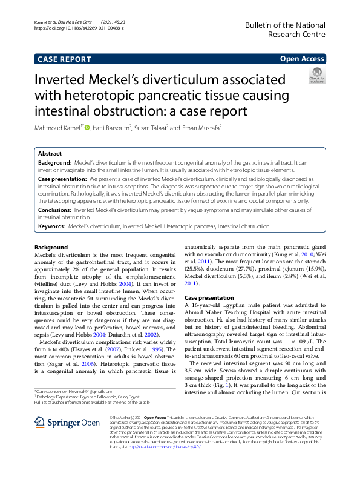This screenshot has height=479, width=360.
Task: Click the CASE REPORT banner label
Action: (64, 59)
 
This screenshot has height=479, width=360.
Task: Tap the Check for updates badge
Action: (316, 76)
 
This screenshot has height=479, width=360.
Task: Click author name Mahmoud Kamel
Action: (58, 128)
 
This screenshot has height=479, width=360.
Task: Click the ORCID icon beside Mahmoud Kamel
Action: (87, 128)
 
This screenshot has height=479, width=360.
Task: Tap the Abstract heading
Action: (50, 154)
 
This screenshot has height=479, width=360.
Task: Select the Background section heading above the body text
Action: (51, 248)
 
